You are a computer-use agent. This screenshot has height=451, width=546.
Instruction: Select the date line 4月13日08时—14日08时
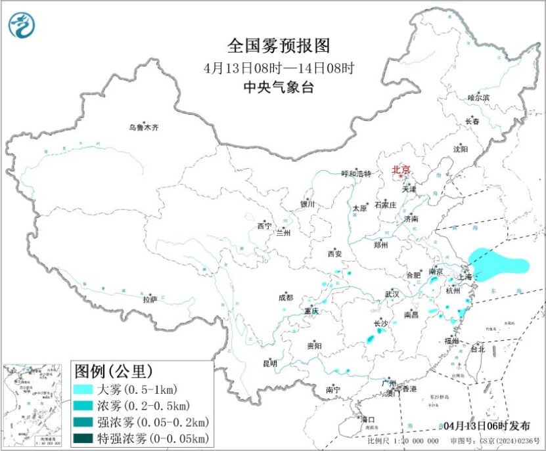(279, 68)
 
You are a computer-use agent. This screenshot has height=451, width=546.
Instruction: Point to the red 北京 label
(401, 170)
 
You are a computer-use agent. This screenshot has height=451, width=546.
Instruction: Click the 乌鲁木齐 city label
(143, 128)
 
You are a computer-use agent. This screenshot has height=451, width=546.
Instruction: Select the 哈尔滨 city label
(478, 98)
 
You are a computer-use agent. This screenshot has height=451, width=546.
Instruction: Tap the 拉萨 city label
(150, 299)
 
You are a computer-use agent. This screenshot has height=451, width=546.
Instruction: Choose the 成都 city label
(286, 297)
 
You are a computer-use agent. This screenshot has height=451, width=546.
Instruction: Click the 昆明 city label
(269, 363)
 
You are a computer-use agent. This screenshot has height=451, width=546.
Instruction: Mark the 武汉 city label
(392, 294)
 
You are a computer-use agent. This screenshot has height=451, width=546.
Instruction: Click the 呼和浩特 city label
(356, 174)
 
